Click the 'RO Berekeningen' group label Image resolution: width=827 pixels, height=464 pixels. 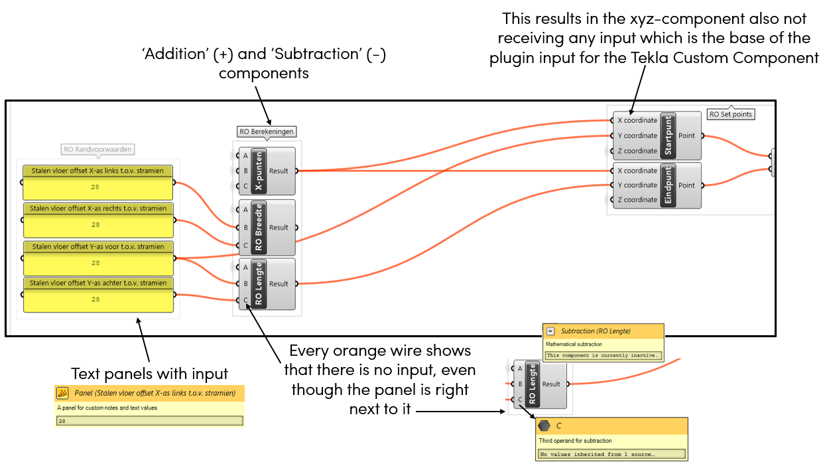point(267,131)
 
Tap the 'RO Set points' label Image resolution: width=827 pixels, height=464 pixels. point(731,114)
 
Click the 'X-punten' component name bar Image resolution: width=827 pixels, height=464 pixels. point(259,171)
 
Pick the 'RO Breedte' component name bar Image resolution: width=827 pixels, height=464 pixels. point(259,228)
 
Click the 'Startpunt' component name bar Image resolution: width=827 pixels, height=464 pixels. point(668,135)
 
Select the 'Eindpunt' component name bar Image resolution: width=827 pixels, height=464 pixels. point(668,185)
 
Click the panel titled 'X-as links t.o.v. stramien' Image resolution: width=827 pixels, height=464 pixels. point(97,171)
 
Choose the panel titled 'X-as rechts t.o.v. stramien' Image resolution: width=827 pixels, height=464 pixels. point(97,208)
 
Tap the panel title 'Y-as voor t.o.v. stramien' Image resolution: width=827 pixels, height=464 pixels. point(97,247)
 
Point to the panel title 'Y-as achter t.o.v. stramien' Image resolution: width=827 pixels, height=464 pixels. point(97,283)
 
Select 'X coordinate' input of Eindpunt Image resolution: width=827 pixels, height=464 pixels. point(637,171)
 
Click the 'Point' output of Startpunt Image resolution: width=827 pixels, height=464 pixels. point(686,135)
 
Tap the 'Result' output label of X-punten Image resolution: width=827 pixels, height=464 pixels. point(279,171)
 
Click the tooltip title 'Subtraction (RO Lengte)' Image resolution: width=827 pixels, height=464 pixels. point(596,331)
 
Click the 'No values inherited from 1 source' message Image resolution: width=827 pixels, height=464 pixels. point(597,455)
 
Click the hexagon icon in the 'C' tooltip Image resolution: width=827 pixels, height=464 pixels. point(544,426)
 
